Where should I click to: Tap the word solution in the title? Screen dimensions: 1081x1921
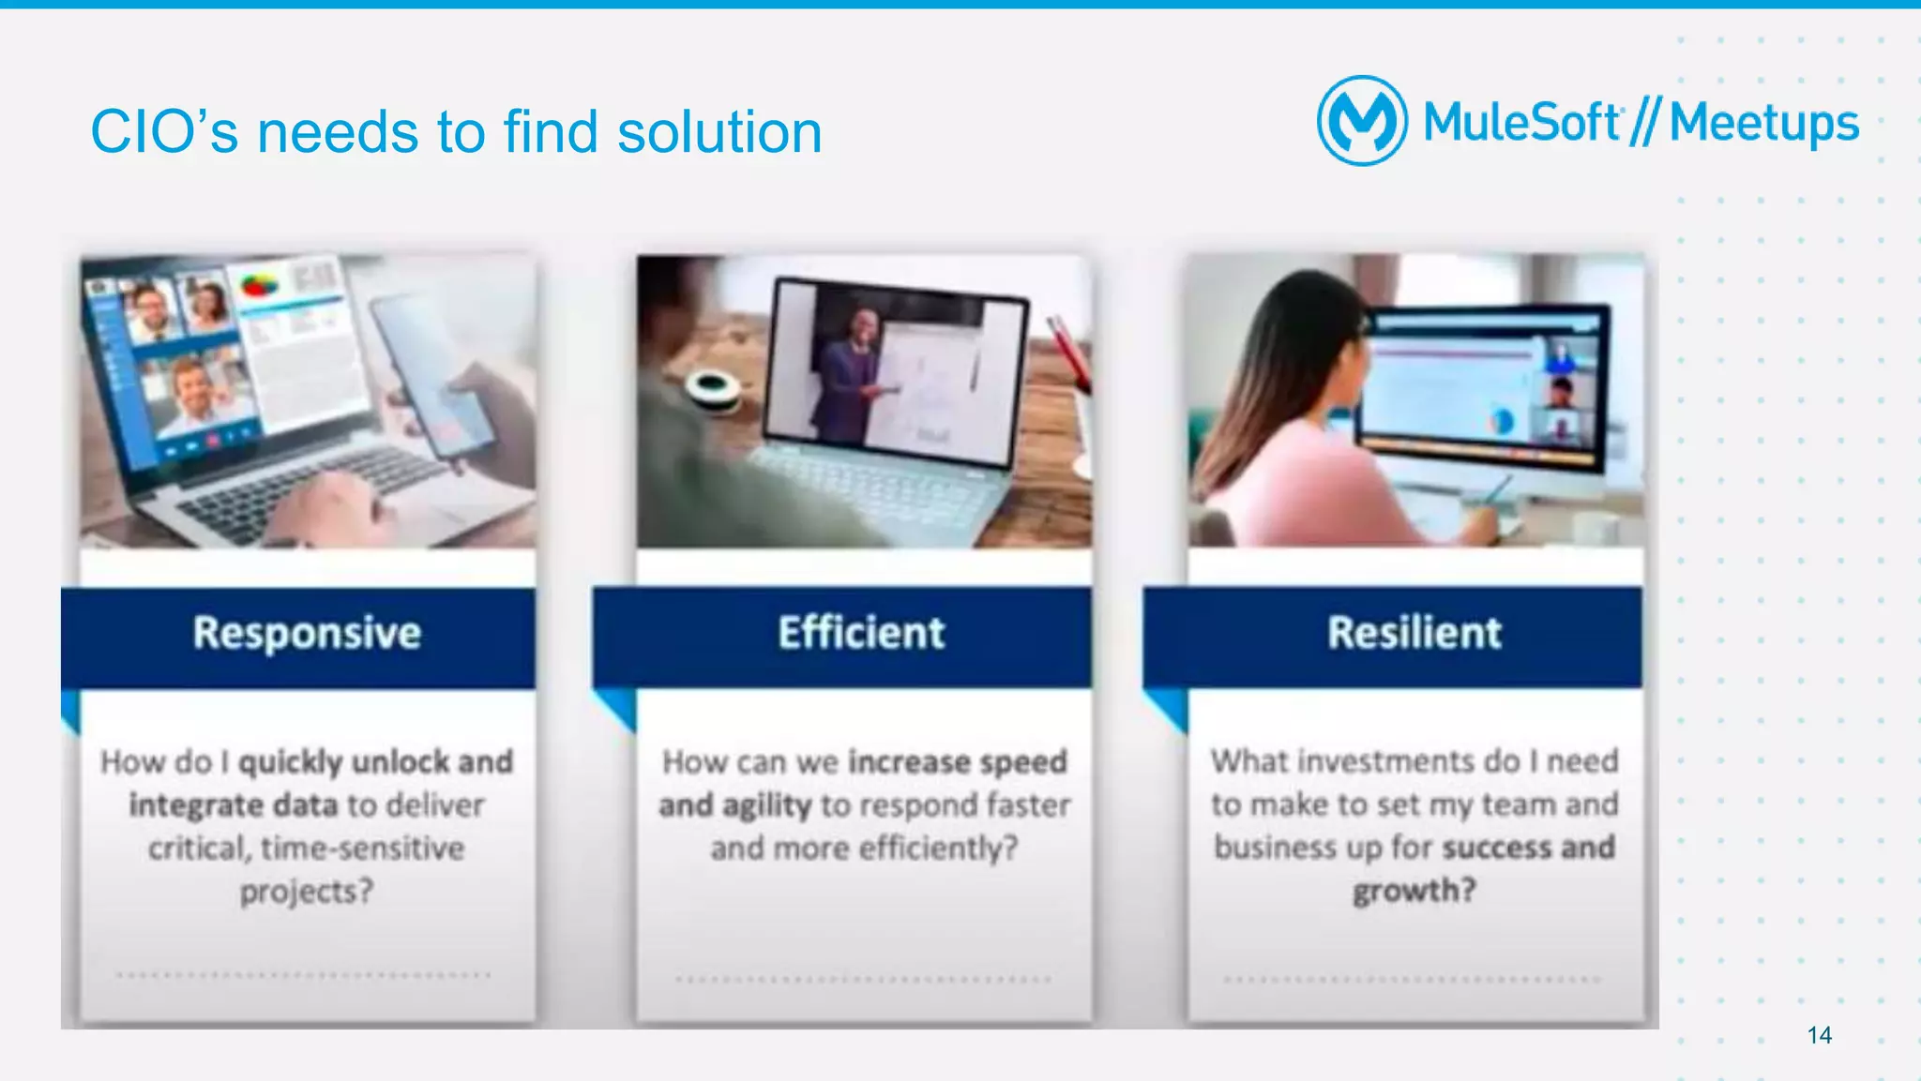coord(719,131)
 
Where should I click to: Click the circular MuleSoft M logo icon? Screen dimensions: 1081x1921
coord(1362,121)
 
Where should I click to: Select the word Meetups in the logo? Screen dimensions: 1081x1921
coord(1763,124)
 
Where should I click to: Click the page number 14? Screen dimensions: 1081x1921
coord(1819,1035)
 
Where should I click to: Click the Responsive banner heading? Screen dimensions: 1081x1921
coord(307,633)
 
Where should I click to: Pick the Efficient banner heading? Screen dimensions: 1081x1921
coord(861,633)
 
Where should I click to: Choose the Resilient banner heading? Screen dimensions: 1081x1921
coord(1414,633)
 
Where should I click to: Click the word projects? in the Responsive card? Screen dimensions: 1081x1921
coord(306,891)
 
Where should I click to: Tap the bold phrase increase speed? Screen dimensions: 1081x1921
coord(957,761)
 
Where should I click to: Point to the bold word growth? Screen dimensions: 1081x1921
coord(1414,890)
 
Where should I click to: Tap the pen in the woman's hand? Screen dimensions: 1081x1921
coord(1497,490)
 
